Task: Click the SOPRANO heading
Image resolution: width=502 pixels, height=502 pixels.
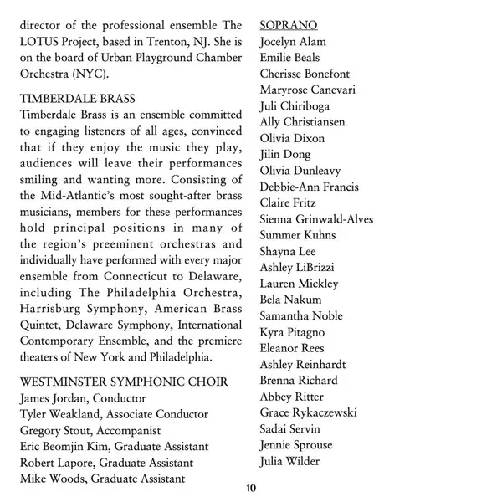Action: [288, 25]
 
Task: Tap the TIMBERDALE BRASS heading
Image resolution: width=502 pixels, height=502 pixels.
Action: [79, 98]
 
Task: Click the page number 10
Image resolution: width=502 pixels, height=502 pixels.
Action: [250, 488]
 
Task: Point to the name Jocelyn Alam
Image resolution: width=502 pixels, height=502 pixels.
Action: [293, 42]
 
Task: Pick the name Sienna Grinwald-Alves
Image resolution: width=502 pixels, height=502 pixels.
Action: [316, 219]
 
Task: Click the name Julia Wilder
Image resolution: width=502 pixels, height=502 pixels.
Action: [289, 461]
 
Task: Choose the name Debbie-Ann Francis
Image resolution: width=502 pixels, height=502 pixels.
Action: [309, 187]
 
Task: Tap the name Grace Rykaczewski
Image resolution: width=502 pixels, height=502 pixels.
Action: [308, 412]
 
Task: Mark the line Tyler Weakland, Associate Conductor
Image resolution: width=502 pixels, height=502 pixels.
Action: [114, 414]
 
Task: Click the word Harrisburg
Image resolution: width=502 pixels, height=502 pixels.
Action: [52, 309]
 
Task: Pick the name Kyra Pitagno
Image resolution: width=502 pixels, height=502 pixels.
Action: [293, 332]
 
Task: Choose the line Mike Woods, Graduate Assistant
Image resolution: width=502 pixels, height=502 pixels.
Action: [102, 479]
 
